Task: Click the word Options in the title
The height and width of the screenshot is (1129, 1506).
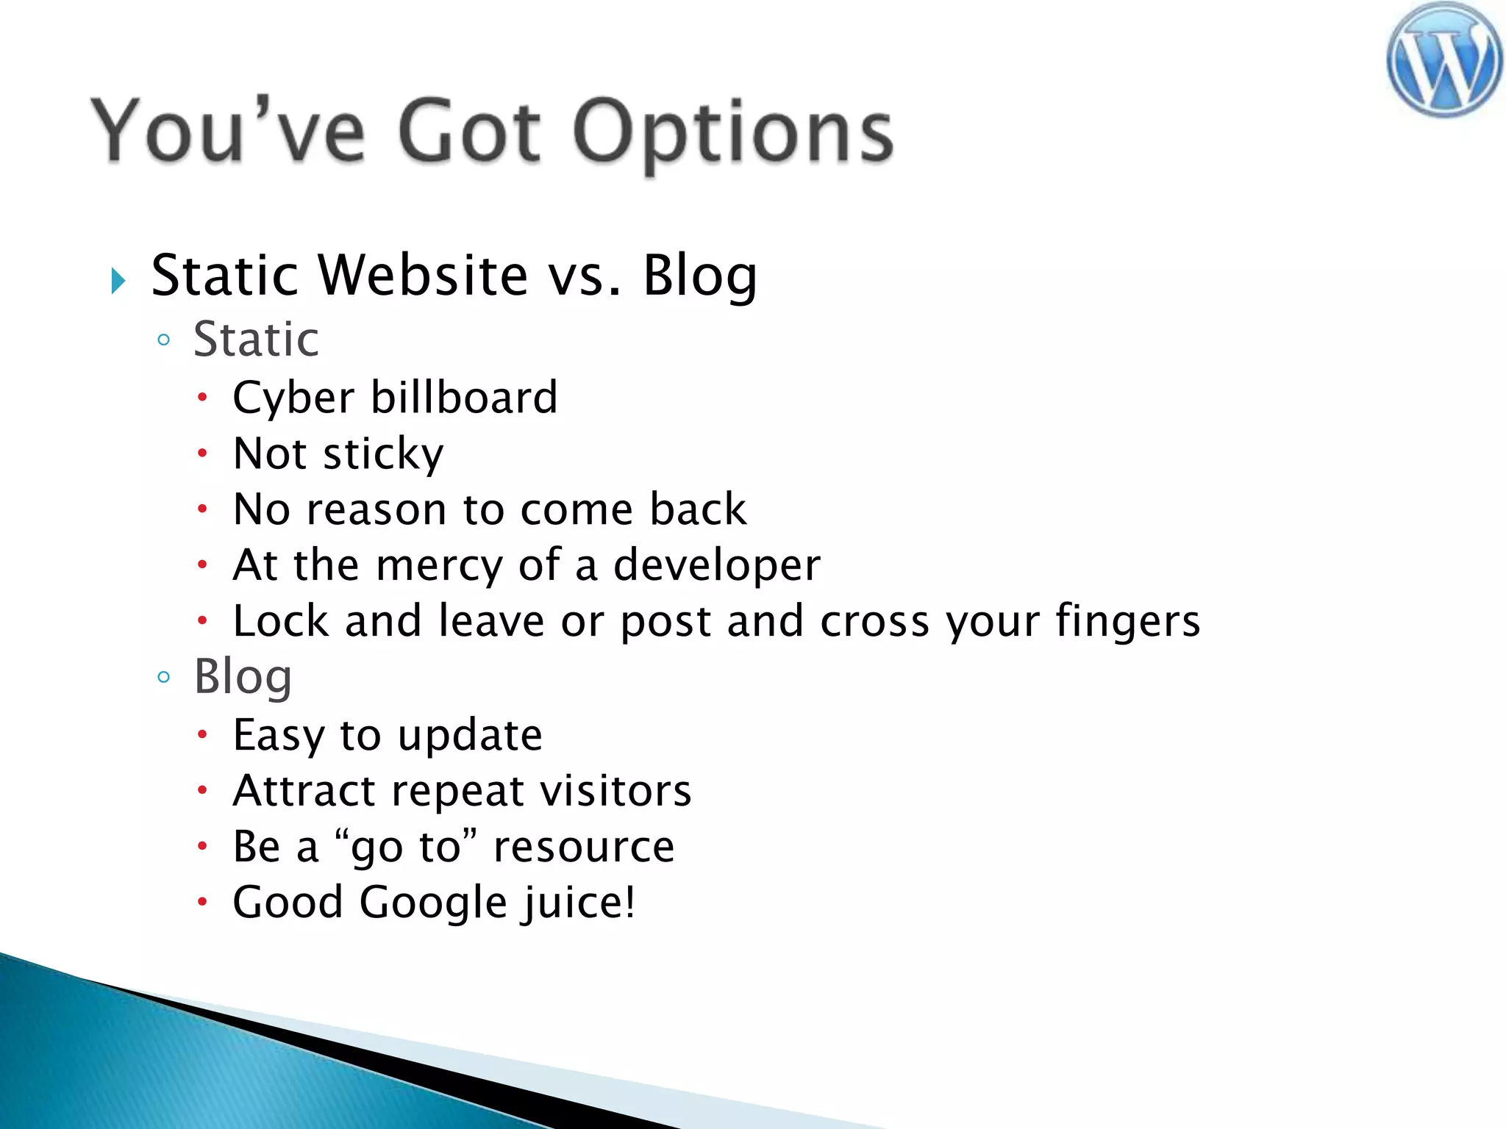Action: [732, 132]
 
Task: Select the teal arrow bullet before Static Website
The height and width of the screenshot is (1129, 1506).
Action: [118, 280]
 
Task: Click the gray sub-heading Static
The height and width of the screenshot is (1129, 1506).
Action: [256, 340]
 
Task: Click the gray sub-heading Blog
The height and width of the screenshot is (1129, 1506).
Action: [243, 676]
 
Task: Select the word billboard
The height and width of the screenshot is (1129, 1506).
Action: [464, 398]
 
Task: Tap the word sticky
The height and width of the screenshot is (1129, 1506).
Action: [383, 454]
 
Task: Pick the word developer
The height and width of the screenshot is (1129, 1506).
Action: [716, 566]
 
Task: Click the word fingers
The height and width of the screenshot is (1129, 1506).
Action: [1127, 622]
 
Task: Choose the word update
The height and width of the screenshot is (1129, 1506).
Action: [470, 735]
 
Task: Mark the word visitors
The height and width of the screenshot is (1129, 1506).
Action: [615, 791]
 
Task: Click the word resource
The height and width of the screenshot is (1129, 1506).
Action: [583, 847]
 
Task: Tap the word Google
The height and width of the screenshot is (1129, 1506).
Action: [432, 903]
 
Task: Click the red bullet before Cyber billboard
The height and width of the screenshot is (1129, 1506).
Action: [203, 398]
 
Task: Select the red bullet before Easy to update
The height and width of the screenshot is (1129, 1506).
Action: [203, 734]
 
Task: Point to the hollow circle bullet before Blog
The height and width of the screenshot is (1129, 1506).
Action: [164, 676]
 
